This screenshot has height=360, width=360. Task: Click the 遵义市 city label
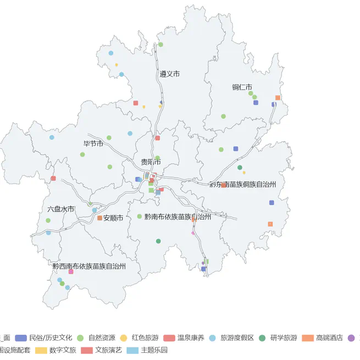[x=170, y=74]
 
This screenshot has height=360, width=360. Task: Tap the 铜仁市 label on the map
[x=242, y=87]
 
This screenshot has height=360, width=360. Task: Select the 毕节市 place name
[x=93, y=143]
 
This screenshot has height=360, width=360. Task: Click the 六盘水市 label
[x=60, y=209]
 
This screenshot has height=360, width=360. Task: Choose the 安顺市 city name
[x=113, y=218]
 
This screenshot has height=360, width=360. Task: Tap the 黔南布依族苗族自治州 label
[x=178, y=217]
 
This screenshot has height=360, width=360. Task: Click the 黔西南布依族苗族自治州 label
[x=89, y=266]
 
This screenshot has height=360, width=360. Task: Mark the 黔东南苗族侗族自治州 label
[x=242, y=185]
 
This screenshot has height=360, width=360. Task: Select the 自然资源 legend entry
[x=101, y=337]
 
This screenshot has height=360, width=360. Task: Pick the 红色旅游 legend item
[x=145, y=337]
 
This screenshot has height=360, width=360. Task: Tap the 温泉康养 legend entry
[x=190, y=337]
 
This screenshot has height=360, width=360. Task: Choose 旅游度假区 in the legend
[x=237, y=337]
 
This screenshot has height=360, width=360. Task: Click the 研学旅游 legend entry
[x=284, y=337]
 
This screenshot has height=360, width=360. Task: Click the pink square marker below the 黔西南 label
[x=71, y=272]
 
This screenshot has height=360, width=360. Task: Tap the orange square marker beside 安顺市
[x=99, y=218]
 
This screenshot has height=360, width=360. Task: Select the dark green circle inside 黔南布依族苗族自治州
[x=158, y=241]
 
